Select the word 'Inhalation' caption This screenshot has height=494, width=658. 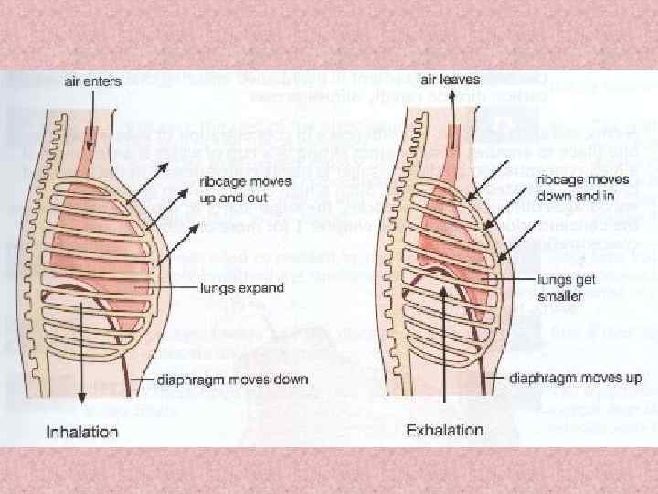pyautogui.click(x=83, y=431)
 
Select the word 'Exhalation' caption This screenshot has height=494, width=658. pyautogui.click(x=444, y=429)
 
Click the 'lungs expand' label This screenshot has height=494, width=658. pyautogui.click(x=242, y=288)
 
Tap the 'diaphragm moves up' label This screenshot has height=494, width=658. pyautogui.click(x=577, y=377)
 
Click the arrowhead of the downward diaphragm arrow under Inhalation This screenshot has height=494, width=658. pyautogui.click(x=82, y=396)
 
